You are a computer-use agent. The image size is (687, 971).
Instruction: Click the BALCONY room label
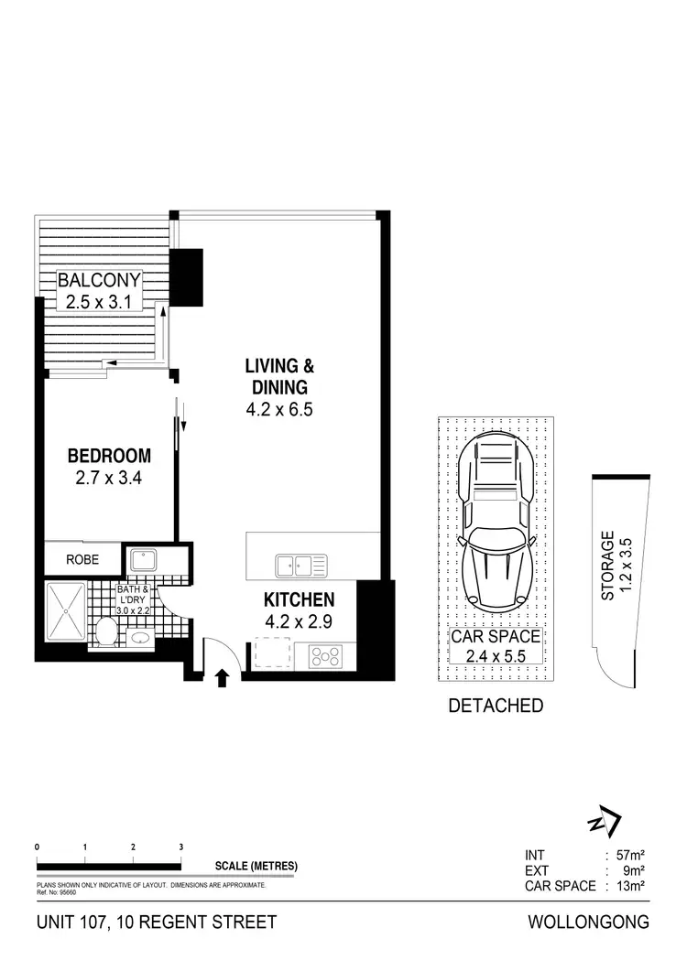click(x=99, y=280)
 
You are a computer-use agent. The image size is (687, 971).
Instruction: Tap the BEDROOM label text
click(x=109, y=456)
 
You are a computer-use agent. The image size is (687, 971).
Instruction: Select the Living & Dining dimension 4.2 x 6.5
click(x=279, y=410)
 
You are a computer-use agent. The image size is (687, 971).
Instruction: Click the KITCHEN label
click(x=299, y=600)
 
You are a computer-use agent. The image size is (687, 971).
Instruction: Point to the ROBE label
click(x=82, y=557)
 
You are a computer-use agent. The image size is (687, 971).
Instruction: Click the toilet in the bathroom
click(x=107, y=630)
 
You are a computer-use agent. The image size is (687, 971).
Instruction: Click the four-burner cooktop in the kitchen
click(x=327, y=655)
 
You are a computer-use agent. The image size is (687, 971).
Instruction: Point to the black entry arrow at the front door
click(x=220, y=678)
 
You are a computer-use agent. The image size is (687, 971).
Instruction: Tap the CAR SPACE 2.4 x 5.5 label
click(x=495, y=645)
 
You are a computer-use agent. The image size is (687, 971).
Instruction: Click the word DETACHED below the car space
click(x=495, y=706)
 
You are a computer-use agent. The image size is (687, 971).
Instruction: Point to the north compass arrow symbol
click(x=605, y=823)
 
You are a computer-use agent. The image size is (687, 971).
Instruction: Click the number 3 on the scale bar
click(x=181, y=847)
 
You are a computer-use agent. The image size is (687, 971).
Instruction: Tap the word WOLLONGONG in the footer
click(x=588, y=922)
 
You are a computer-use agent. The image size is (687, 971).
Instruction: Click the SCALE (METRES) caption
click(x=256, y=867)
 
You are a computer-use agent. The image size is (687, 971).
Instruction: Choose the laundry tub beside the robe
click(x=145, y=559)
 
